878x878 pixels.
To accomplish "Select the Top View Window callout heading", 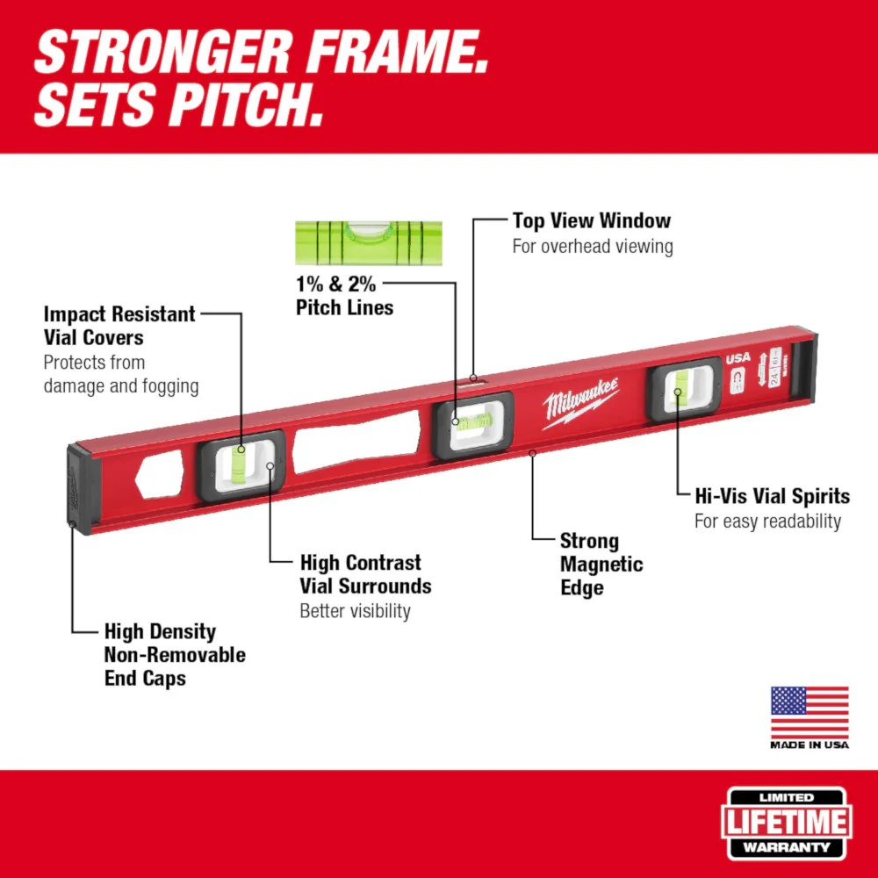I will click(591, 220).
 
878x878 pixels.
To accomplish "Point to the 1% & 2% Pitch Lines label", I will click(344, 296).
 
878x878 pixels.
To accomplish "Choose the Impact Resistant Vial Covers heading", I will click(119, 326).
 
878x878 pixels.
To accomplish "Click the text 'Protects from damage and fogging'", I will click(121, 374).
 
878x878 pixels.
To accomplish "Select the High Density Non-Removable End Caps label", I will click(174, 655).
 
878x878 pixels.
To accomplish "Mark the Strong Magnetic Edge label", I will click(601, 565).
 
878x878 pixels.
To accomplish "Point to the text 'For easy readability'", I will click(767, 522).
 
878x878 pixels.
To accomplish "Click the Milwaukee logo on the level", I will click(580, 401).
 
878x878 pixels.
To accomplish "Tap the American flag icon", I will click(810, 712).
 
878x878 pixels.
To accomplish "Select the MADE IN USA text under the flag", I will click(810, 745).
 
